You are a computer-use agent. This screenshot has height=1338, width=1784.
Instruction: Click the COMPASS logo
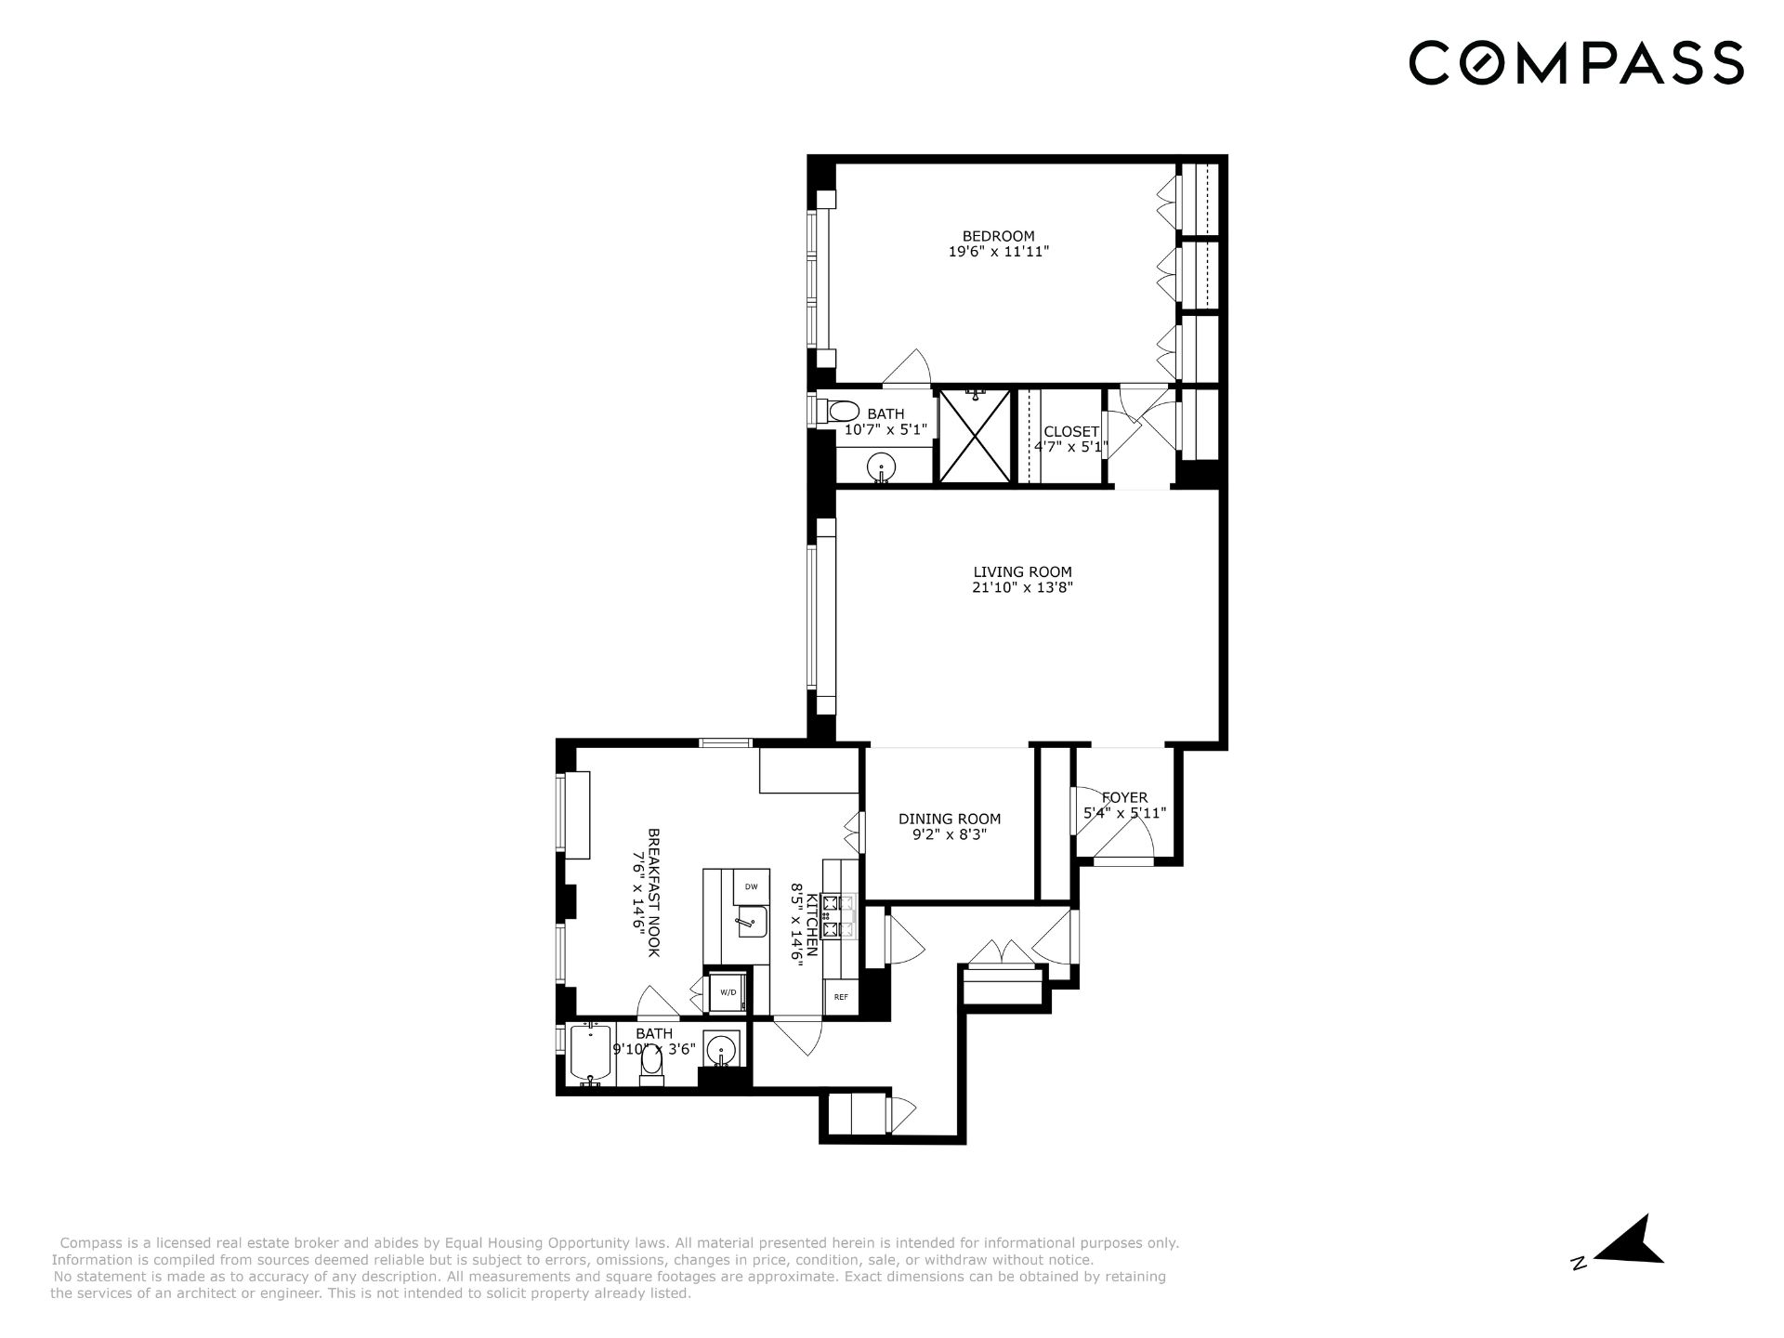tap(1576, 62)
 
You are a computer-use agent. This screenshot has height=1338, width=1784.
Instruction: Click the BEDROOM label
tap(998, 236)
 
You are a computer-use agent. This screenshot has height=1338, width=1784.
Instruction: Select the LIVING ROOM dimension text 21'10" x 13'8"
tap(1022, 587)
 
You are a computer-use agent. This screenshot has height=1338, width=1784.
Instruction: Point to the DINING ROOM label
tap(950, 819)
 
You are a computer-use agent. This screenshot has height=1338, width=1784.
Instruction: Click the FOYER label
tap(1124, 797)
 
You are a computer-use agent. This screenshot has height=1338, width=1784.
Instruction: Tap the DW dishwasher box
tap(751, 886)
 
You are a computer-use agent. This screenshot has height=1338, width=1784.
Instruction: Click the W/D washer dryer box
tap(728, 992)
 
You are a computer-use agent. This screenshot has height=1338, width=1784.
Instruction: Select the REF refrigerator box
tap(840, 997)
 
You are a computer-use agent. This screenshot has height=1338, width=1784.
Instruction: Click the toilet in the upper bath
tap(842, 410)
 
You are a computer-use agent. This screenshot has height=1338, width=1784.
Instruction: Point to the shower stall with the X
tap(974, 435)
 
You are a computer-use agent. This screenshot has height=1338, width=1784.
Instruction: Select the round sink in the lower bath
tap(722, 1052)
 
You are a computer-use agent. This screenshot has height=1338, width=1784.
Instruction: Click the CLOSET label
tap(1070, 432)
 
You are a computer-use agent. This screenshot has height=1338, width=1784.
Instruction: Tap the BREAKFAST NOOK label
tap(653, 893)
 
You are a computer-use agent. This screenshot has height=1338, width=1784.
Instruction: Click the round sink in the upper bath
tap(880, 466)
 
